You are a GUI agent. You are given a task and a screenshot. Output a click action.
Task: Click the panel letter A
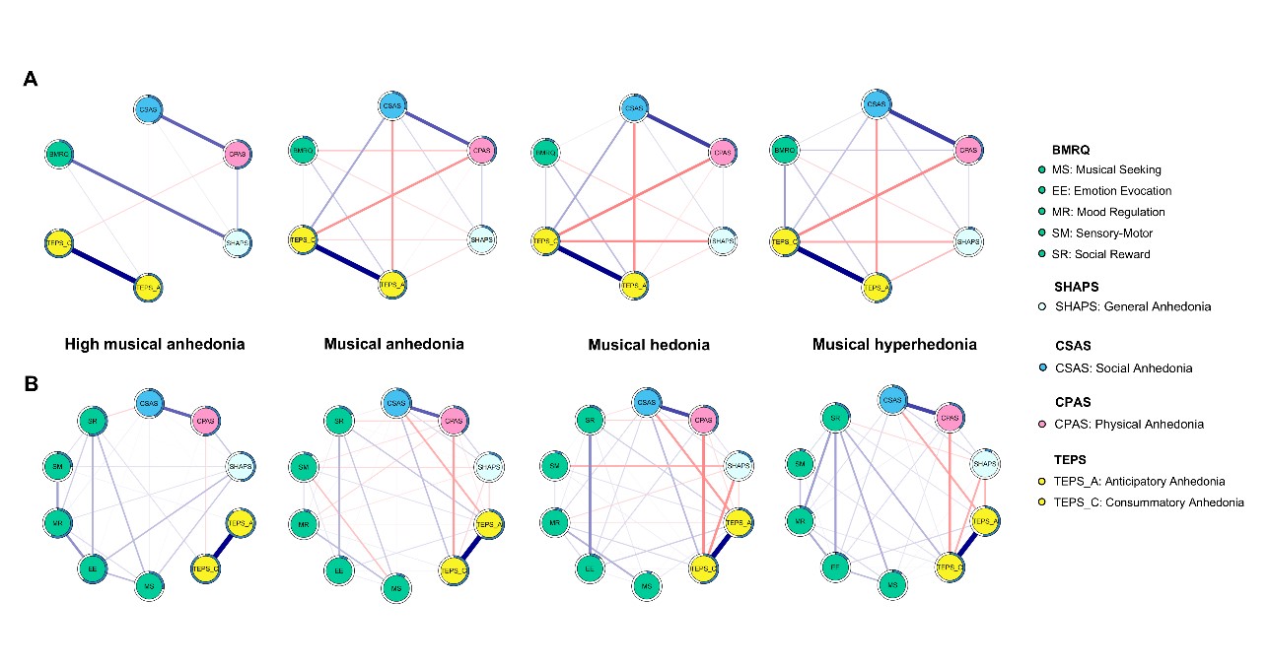31,80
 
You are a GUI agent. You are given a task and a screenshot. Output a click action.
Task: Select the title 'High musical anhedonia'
155,344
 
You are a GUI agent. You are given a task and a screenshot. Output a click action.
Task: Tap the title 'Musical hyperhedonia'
894,344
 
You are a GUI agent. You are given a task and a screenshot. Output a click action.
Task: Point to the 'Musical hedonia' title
648,345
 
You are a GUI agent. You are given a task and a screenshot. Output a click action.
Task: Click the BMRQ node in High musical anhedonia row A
59,154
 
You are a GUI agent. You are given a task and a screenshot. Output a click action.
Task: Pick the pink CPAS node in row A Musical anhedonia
481,151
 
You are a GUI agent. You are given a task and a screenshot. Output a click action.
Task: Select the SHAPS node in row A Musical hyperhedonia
970,240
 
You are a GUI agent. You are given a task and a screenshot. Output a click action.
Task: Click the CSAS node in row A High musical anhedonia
149,107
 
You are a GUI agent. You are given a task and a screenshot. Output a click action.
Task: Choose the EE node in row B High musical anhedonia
91,569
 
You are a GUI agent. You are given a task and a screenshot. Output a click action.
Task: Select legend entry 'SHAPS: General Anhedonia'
1133,306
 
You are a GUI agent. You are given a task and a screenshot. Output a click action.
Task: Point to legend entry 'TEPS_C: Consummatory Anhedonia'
1149,502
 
